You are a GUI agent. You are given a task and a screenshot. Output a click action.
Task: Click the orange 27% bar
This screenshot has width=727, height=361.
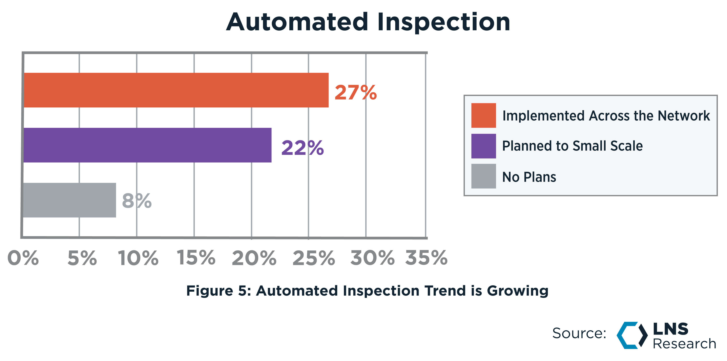click(x=176, y=90)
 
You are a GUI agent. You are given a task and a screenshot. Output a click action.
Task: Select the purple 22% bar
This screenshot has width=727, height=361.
click(x=148, y=145)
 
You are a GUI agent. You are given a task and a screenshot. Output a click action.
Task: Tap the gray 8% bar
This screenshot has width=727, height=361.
click(x=69, y=200)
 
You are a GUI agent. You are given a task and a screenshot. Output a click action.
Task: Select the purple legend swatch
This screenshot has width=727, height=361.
click(x=483, y=146)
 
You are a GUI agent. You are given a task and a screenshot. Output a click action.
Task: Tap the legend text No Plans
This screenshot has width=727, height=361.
click(x=529, y=177)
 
